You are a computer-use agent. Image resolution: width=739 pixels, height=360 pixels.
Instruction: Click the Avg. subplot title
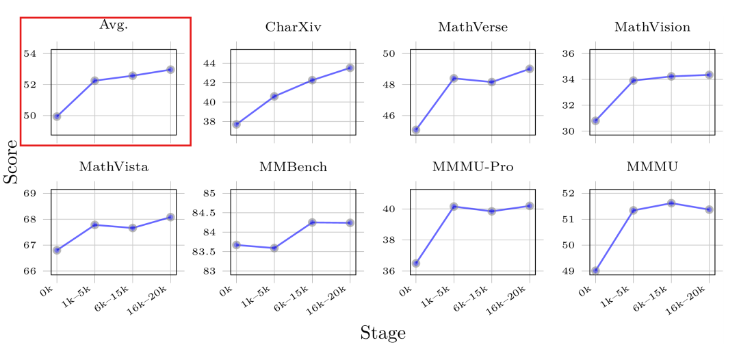point(114,25)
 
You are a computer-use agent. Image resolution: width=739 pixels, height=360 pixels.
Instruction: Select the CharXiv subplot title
point(293,27)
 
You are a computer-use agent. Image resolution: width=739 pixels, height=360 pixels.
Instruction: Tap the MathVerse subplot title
point(473,27)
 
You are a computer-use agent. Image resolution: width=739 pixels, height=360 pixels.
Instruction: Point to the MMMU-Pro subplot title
point(473,167)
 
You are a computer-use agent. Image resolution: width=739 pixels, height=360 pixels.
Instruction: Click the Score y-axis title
point(11,162)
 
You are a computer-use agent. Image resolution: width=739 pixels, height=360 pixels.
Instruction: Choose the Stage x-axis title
point(383,333)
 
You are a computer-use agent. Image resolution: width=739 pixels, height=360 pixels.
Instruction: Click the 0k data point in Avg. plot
point(57,116)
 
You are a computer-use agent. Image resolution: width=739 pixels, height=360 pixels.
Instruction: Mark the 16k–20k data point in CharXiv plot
point(350,68)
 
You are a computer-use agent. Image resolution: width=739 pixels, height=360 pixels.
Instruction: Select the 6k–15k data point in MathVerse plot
point(491,82)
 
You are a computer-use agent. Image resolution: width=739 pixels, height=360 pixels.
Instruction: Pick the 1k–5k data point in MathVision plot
point(634,80)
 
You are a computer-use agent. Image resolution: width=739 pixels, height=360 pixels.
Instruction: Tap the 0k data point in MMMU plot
point(595,270)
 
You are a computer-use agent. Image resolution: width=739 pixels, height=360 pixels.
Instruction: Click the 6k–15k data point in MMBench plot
point(312,222)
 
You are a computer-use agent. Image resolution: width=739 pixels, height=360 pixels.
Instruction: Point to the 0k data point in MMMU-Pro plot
point(415,263)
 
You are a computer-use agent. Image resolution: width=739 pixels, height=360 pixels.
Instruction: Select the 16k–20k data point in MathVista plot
point(170,217)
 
